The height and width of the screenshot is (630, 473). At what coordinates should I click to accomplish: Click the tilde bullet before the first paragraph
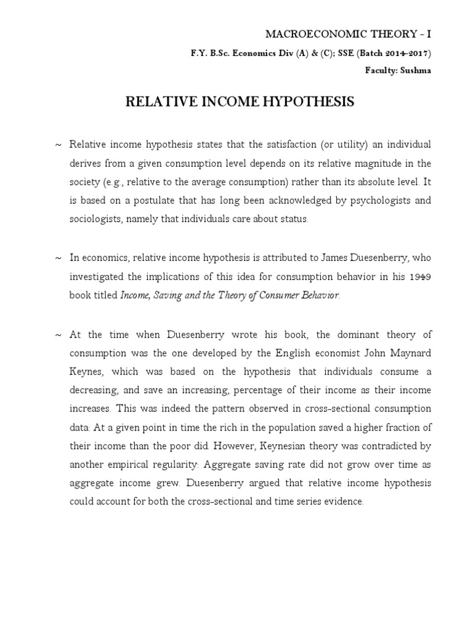[59, 145]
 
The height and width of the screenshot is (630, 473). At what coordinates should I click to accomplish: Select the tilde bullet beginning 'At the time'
[59, 335]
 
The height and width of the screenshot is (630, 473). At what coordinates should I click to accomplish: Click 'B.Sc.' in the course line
[219, 53]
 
